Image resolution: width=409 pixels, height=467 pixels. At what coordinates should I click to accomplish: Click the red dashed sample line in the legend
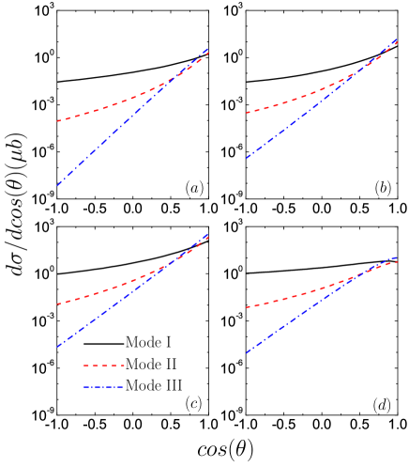(104, 366)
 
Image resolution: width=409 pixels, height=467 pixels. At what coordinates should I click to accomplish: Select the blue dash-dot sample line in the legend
(104, 387)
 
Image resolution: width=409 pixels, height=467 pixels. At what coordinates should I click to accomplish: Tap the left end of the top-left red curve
(57, 121)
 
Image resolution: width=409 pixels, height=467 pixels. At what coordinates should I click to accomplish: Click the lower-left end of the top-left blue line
(57, 185)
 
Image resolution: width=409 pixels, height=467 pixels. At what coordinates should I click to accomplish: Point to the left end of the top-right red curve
(247, 113)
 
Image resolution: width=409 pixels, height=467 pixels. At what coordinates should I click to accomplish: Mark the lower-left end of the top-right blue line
(247, 158)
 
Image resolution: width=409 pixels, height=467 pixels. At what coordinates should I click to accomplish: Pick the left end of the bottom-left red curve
(57, 304)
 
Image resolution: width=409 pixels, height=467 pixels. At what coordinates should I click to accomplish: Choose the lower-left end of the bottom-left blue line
(57, 347)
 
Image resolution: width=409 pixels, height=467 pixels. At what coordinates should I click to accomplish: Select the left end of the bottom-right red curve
(247, 307)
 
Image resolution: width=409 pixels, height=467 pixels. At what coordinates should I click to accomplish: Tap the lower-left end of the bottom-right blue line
(247, 353)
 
